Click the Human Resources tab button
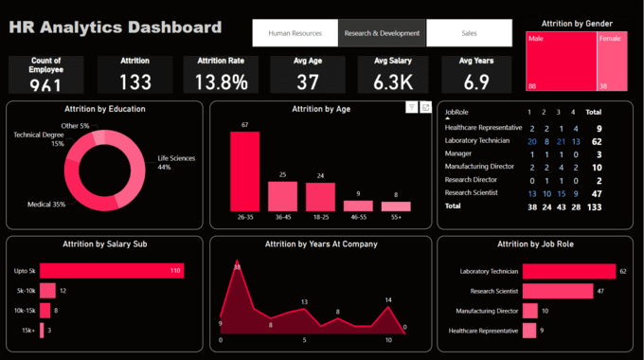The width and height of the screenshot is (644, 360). coord(295,33)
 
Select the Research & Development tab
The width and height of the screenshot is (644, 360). coord(382,33)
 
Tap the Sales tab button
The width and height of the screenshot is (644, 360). coord(469,33)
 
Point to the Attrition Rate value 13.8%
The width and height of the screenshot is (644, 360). coord(222,82)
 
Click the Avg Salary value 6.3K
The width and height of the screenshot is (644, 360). coord(392,82)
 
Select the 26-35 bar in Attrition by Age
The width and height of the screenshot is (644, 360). coord(244,171)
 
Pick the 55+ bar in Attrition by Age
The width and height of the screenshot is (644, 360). coord(397,206)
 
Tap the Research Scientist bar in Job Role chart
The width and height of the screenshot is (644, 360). coord(558,291)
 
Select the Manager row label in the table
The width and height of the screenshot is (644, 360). coord(459,153)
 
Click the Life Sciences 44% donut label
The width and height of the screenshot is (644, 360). coord(176,162)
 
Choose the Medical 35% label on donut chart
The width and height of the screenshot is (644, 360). coord(45,204)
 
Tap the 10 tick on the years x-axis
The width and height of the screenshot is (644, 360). coord(387,339)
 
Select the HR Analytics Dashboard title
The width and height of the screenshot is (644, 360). coord(116,27)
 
